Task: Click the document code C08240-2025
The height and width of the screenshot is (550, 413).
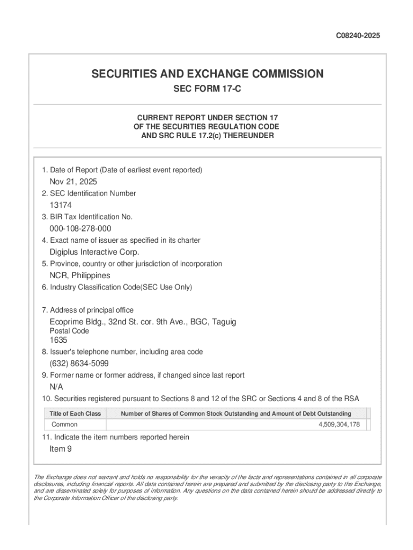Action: (358, 36)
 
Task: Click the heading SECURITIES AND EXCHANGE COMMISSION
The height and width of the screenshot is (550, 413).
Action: (207, 74)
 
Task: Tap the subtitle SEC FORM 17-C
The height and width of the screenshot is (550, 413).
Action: (207, 89)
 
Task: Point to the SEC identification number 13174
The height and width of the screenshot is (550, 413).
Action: (61, 205)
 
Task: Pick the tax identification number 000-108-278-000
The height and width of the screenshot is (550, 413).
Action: (80, 229)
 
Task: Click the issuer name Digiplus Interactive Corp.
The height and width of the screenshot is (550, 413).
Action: (94, 252)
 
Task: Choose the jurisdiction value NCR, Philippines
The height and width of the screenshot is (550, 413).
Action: (80, 276)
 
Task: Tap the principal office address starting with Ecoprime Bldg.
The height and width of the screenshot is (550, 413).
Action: (143, 322)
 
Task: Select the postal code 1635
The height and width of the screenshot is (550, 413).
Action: (58, 340)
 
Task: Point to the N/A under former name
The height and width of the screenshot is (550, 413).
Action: (56, 387)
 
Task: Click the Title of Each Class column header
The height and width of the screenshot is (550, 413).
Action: (75, 414)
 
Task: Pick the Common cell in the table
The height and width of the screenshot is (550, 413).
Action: (64, 425)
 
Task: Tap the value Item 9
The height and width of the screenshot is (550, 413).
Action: (61, 449)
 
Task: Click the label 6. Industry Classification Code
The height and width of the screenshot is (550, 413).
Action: (117, 287)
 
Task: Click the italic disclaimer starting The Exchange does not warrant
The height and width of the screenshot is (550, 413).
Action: (208, 487)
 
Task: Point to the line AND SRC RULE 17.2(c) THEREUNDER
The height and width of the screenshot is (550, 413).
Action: (207, 136)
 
